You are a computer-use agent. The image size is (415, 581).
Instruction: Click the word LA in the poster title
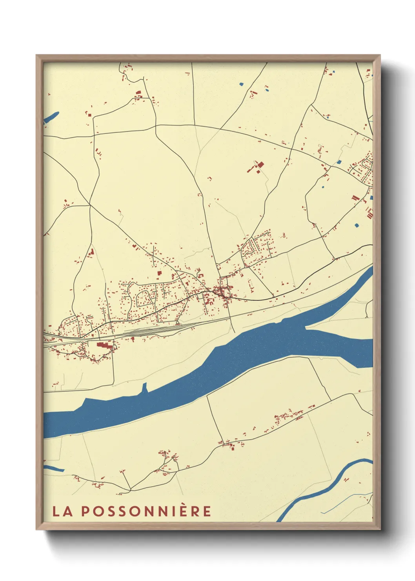62,511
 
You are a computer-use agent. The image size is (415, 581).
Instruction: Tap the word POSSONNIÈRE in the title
146,511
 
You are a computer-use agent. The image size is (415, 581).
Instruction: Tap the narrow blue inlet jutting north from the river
144,388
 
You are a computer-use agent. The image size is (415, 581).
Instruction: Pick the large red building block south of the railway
104,345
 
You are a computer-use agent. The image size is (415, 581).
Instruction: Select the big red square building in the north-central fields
259,164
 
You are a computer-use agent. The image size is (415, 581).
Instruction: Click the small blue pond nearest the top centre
241,84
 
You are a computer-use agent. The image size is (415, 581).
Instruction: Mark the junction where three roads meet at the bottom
130,490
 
